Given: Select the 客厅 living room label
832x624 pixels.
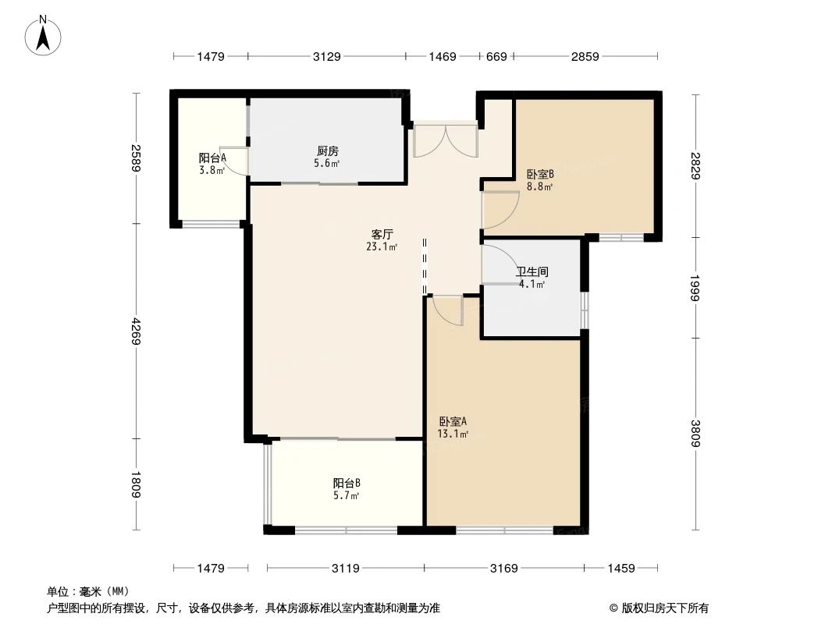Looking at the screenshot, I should (382, 233).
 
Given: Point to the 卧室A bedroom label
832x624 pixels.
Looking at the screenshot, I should (453, 421).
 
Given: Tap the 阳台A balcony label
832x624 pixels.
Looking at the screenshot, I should (212, 158).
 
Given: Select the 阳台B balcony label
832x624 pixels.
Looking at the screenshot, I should (346, 483).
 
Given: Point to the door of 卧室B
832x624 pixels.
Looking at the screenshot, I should (500, 209).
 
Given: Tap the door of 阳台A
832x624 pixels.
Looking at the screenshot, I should (236, 160).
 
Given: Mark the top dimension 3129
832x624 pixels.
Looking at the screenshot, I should (327, 56).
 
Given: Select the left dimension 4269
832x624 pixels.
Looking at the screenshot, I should (137, 331).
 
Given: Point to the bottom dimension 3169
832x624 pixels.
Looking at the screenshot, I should (503, 568).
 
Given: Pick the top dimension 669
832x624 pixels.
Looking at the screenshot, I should (496, 56).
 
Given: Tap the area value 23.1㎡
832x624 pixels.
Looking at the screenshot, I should (382, 246).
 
